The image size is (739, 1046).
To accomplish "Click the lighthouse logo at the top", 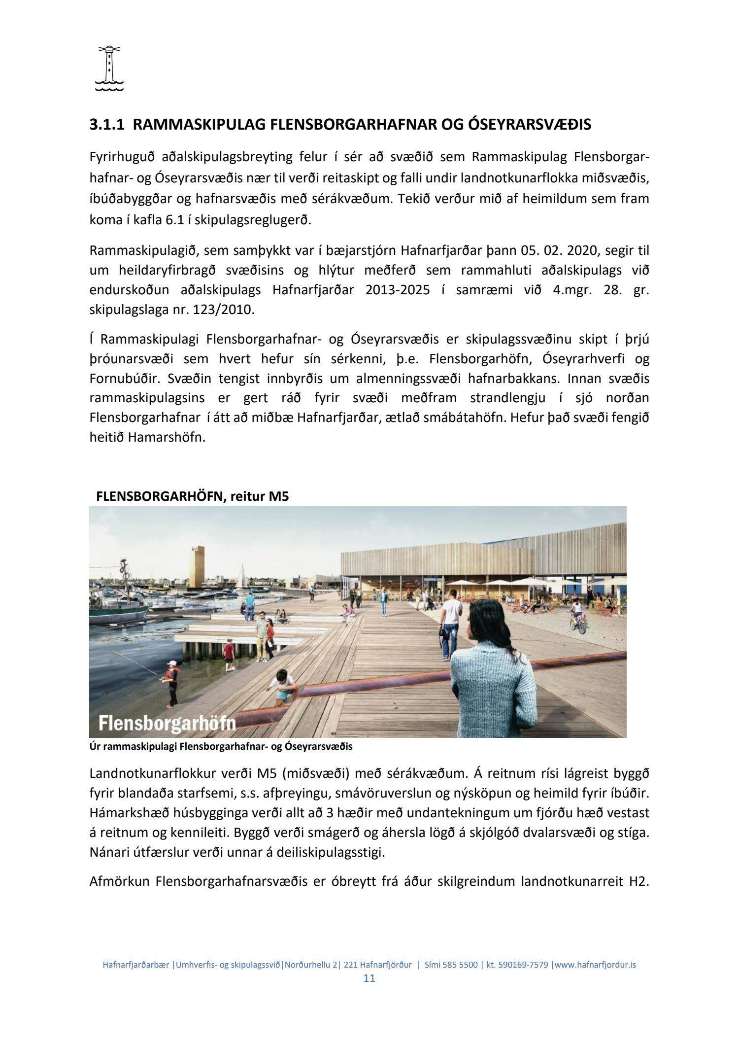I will [109, 69].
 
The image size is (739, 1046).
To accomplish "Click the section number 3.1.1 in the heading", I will [106, 125].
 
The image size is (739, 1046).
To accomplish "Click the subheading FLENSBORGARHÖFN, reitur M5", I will [193, 496].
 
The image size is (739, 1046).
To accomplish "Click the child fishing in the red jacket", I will [171, 683].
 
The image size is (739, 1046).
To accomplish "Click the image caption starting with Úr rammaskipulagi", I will [221, 746].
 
